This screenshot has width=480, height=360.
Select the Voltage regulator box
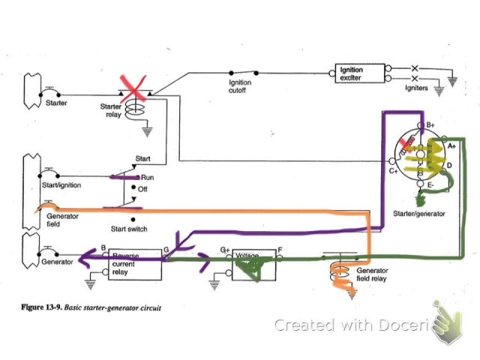253,263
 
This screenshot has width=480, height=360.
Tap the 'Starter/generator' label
418,214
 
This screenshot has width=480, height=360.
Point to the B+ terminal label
431,124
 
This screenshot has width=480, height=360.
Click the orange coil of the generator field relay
334,273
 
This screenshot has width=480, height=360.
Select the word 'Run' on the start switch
147,177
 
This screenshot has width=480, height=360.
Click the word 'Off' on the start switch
142,189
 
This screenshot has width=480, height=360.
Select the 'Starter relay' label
110,110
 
